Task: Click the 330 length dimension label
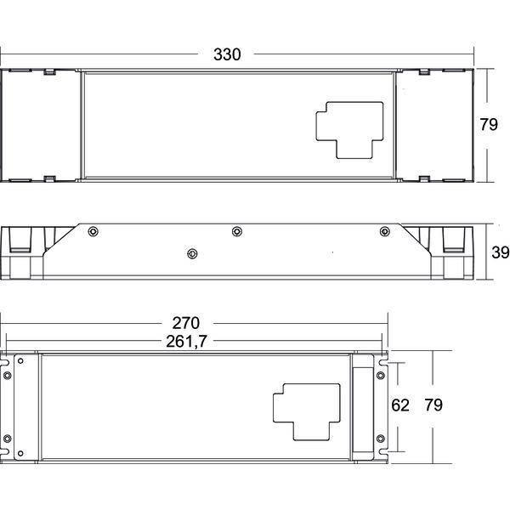[x=227, y=54]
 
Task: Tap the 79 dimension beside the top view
[x=488, y=125]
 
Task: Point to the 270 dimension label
[x=185, y=323]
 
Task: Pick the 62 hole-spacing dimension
[x=401, y=405]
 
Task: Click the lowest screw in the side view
[x=193, y=252]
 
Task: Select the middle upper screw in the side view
[x=237, y=231]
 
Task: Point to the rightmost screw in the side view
[x=384, y=231]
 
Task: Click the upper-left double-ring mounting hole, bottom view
[x=8, y=374]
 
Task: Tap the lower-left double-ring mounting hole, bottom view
[x=8, y=438]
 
